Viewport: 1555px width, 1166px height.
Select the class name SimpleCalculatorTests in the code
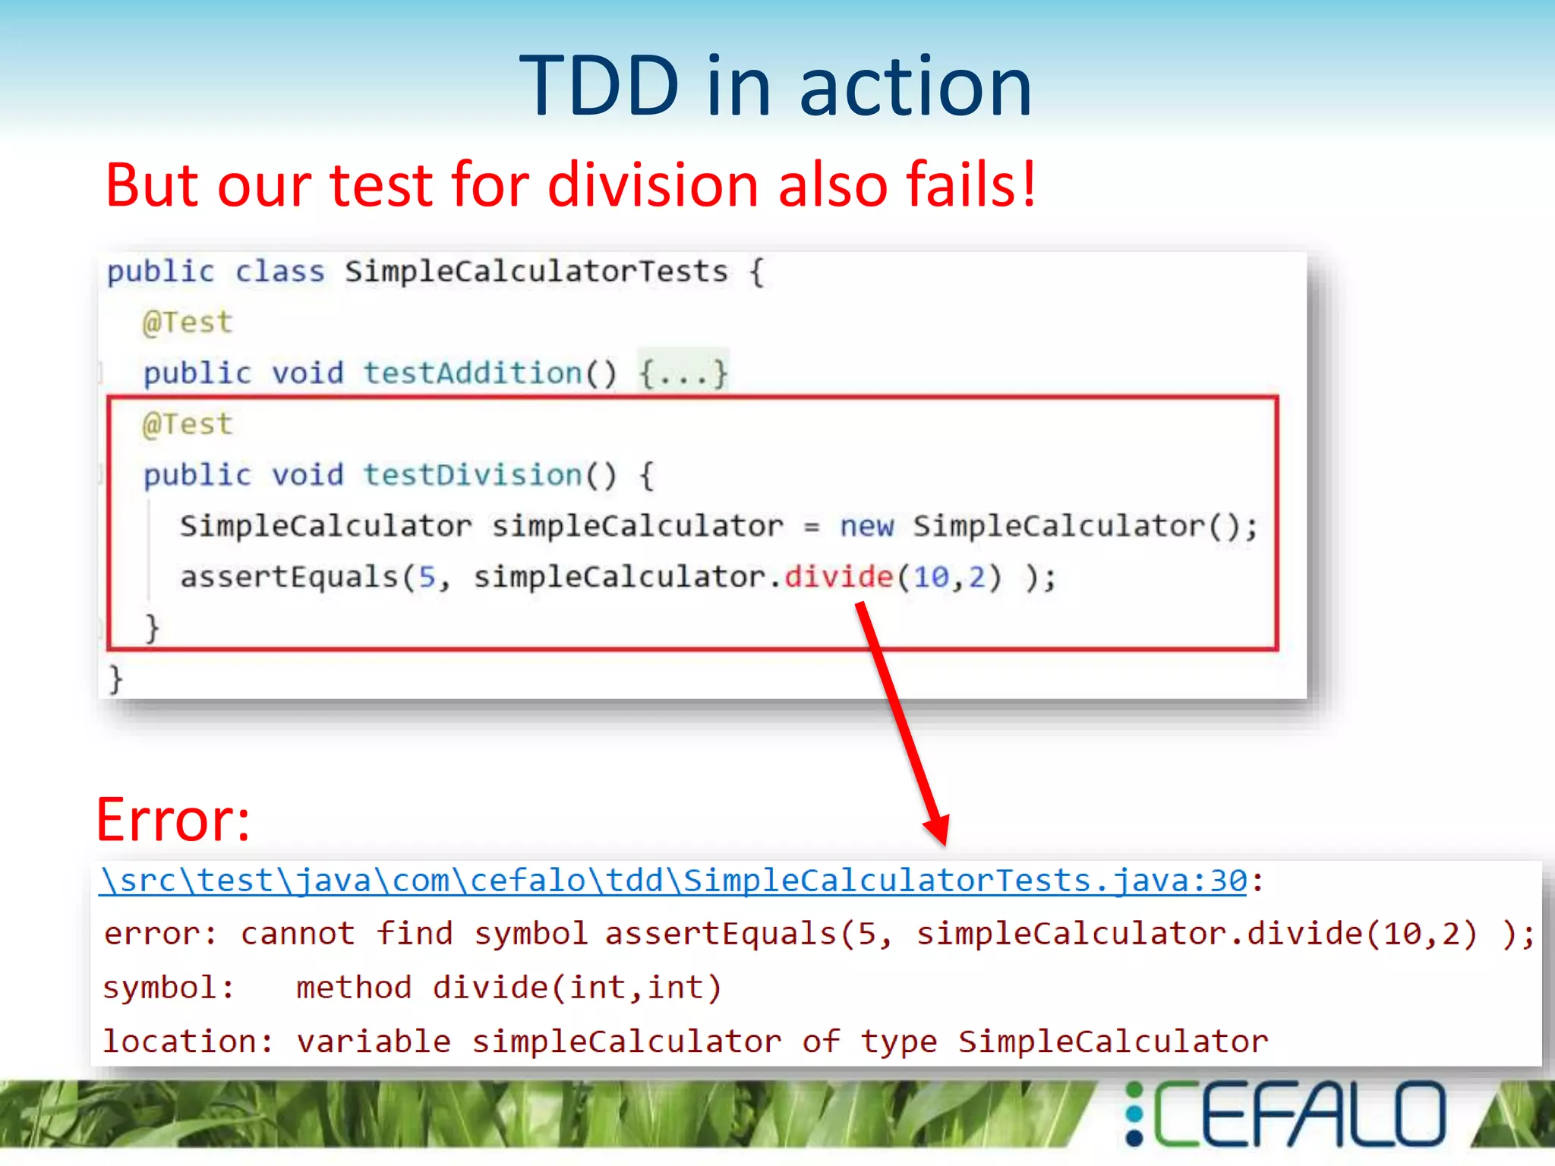(536, 271)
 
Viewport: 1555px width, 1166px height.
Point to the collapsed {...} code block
(683, 373)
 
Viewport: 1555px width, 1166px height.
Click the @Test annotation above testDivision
(187, 424)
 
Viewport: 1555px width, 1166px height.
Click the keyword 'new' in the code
(866, 525)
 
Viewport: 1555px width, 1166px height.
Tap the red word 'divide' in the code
(838, 577)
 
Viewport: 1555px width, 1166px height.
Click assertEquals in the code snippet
(289, 577)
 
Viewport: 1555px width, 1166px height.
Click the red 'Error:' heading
(173, 820)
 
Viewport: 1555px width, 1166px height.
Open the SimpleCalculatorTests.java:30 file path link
(673, 881)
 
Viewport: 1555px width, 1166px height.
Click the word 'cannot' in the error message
(298, 934)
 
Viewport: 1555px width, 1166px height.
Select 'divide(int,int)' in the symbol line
(576, 988)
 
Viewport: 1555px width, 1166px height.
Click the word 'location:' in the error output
(188, 1042)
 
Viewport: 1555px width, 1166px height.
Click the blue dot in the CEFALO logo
(1134, 1114)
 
